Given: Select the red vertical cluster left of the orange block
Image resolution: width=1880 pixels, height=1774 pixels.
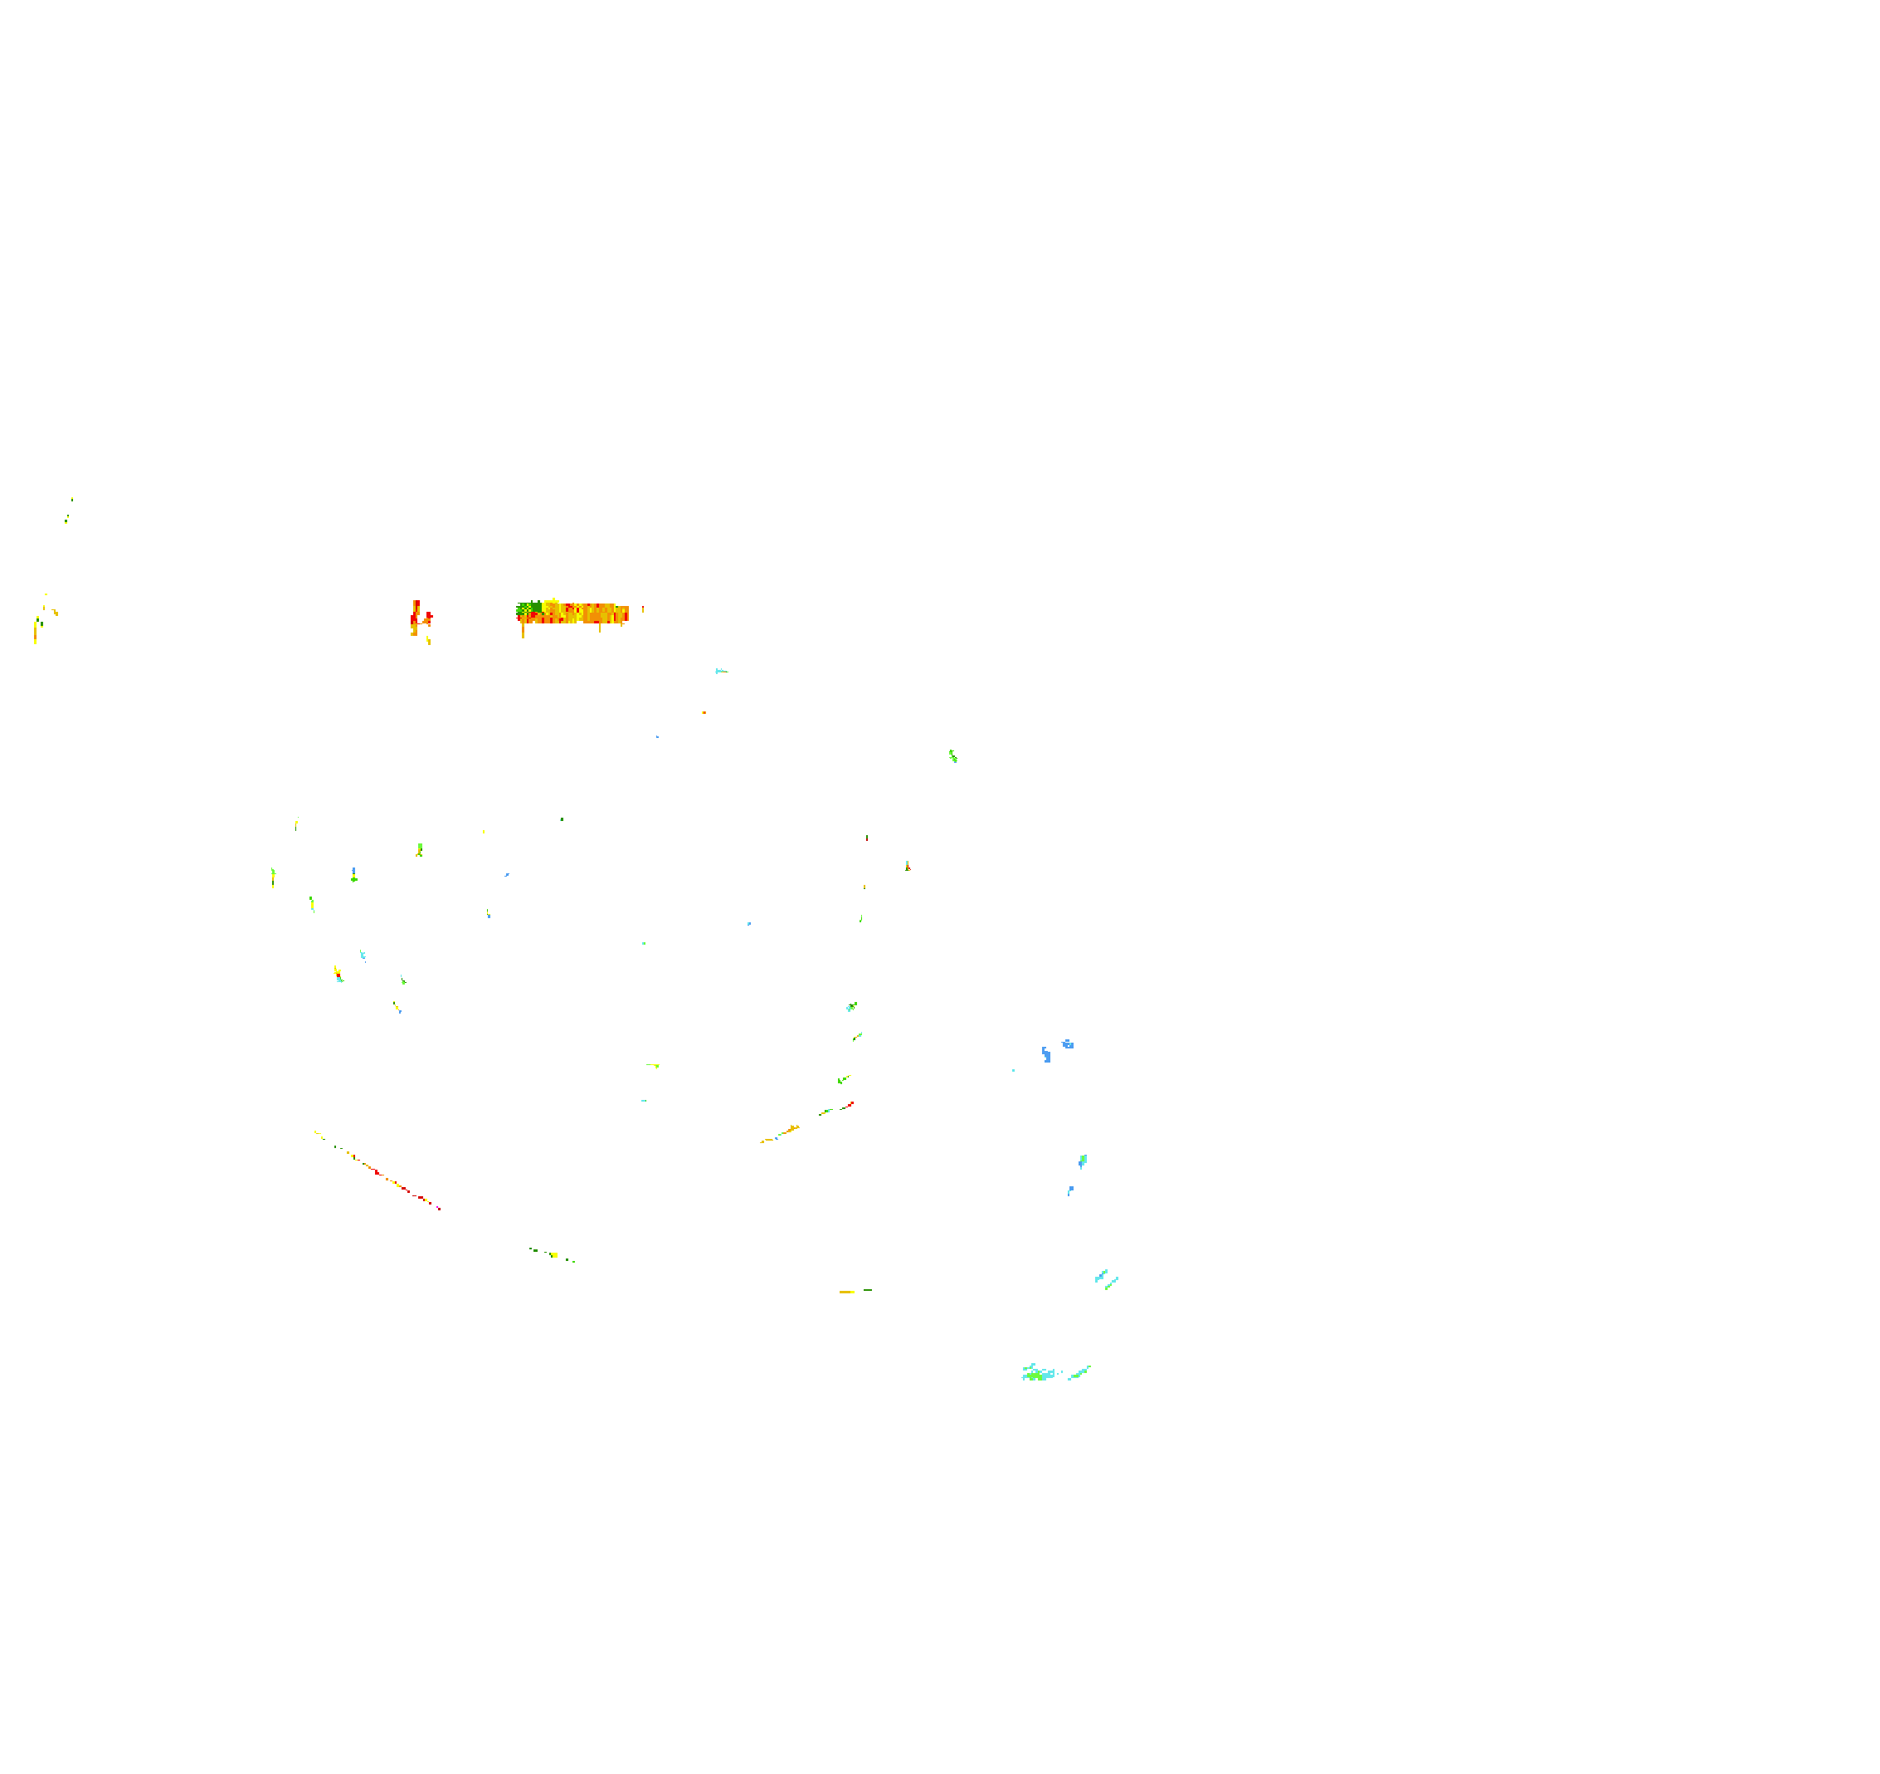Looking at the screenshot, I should click(x=417, y=616).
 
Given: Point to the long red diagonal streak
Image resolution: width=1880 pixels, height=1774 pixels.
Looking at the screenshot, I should click(x=397, y=1184).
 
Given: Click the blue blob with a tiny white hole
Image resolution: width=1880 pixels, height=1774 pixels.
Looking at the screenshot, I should click(x=1068, y=1044).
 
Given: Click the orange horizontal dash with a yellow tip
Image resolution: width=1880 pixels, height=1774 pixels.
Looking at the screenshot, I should click(x=846, y=1292).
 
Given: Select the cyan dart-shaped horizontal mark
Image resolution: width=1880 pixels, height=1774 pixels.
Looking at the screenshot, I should click(x=721, y=671).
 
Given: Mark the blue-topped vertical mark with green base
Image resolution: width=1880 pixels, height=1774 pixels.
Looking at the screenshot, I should click(x=353, y=874).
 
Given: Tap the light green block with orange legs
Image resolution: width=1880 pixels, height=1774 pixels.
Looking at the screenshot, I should click(x=419, y=849).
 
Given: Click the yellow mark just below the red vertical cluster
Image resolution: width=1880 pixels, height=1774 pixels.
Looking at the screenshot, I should click(x=428, y=639).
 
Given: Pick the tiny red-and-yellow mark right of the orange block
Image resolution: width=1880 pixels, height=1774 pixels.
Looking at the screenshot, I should click(x=643, y=608).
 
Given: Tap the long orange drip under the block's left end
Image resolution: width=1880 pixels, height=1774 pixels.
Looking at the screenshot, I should click(x=523, y=629).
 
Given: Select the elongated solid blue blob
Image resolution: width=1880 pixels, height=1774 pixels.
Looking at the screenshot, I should click(x=1046, y=1055).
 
